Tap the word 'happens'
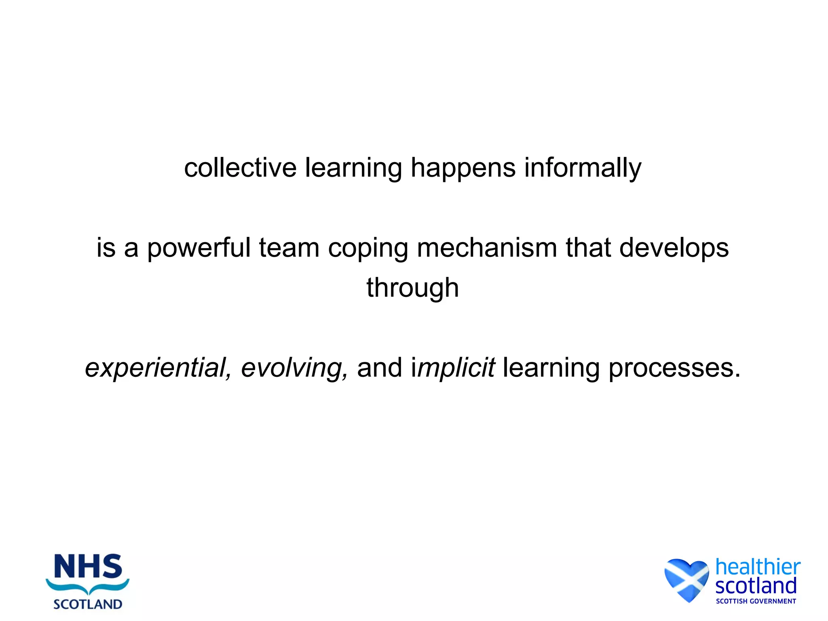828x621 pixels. pyautogui.click(x=463, y=168)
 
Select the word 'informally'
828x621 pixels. pyautogui.click(x=583, y=168)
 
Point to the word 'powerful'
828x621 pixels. pyautogui.click(x=199, y=248)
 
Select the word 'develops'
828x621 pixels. pyautogui.click(x=674, y=248)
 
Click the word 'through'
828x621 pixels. pyautogui.click(x=413, y=288)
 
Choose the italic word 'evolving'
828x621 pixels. pyautogui.click(x=294, y=368)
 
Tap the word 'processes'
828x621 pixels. pyautogui.click(x=674, y=368)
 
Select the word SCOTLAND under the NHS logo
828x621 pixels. pyautogui.click(x=88, y=604)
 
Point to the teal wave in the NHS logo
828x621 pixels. pyautogui.click(x=88, y=586)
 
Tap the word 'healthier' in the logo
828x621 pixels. pyautogui.click(x=758, y=567)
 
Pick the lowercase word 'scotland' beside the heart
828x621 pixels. pyautogui.click(x=756, y=586)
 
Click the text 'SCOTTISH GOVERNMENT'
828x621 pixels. pyautogui.click(x=756, y=601)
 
